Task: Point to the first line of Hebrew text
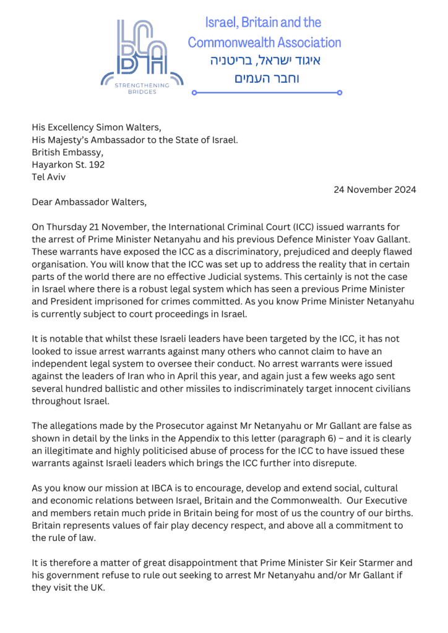tap(264, 61)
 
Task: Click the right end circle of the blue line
tap(340, 93)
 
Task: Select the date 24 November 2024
tap(371, 190)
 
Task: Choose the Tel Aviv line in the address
tap(49, 177)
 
